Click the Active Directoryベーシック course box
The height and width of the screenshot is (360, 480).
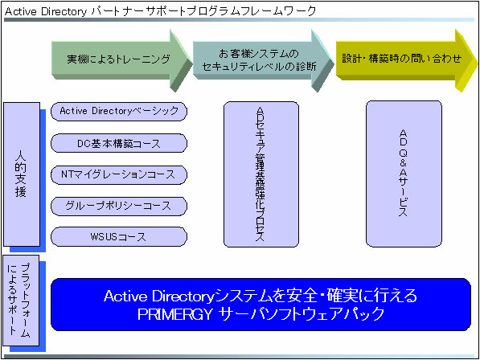coord(119,111)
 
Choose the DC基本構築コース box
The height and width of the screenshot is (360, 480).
coord(119,143)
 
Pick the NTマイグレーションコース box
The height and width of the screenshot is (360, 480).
coord(119,174)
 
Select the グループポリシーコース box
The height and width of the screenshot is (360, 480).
coord(119,206)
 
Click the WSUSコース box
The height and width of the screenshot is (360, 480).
coord(119,237)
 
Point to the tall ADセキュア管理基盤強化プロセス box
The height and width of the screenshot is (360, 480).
coord(260,174)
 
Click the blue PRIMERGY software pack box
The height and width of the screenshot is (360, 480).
coord(261,304)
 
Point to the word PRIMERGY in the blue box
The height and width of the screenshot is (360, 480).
coord(174,314)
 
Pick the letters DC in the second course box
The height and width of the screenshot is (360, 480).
coord(83,143)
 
